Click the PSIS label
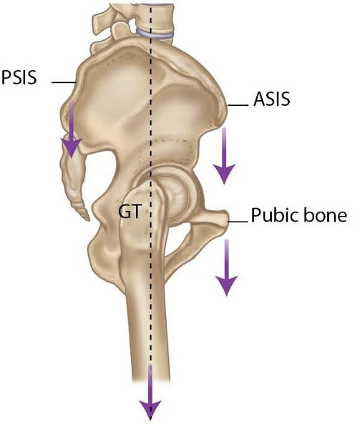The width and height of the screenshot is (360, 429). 19,77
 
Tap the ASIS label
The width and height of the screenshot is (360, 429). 271,99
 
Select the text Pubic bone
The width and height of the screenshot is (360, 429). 299,214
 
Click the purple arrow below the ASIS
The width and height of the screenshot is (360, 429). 224,155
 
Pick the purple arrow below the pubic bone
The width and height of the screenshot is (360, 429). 226,267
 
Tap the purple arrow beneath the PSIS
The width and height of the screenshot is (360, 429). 71,130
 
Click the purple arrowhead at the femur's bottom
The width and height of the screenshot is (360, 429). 150,410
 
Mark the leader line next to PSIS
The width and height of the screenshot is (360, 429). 64,82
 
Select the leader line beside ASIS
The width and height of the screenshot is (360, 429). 238,105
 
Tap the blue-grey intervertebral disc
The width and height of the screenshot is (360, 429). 155,33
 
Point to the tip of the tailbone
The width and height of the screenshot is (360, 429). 88,219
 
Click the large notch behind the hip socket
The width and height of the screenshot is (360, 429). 102,175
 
